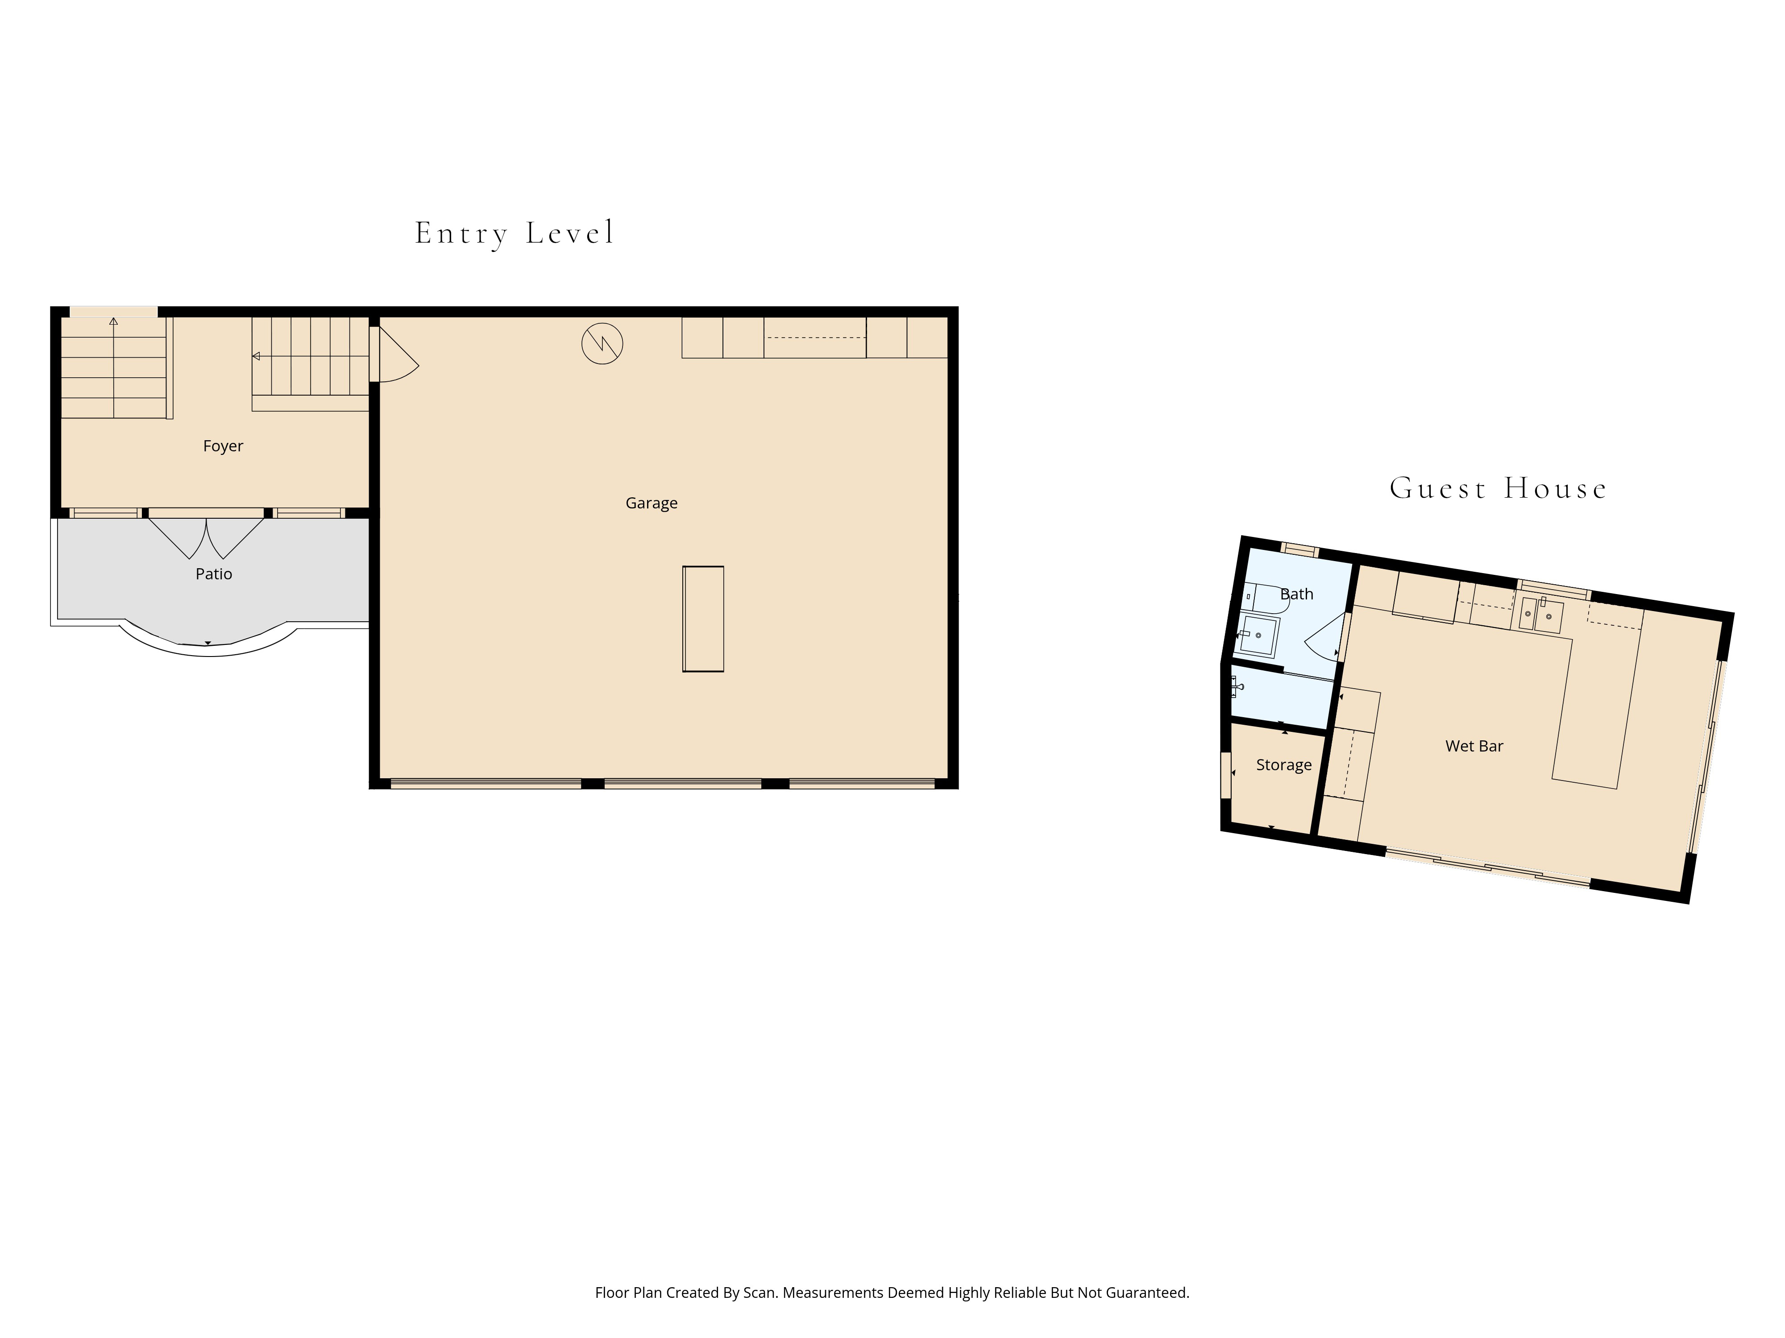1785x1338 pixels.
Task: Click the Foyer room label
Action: pyautogui.click(x=223, y=446)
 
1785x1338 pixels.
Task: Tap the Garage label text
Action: pyautogui.click(x=651, y=503)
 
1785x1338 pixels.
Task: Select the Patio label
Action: pyautogui.click(x=214, y=574)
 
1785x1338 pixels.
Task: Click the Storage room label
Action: pyautogui.click(x=1283, y=764)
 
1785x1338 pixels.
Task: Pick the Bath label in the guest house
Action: pyautogui.click(x=1297, y=595)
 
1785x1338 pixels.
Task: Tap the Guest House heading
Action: pyautogui.click(x=1498, y=489)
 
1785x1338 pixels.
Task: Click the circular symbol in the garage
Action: pyautogui.click(x=602, y=343)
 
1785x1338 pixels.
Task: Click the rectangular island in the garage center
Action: pyautogui.click(x=703, y=619)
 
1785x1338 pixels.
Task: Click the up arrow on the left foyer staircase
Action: pyautogui.click(x=114, y=322)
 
